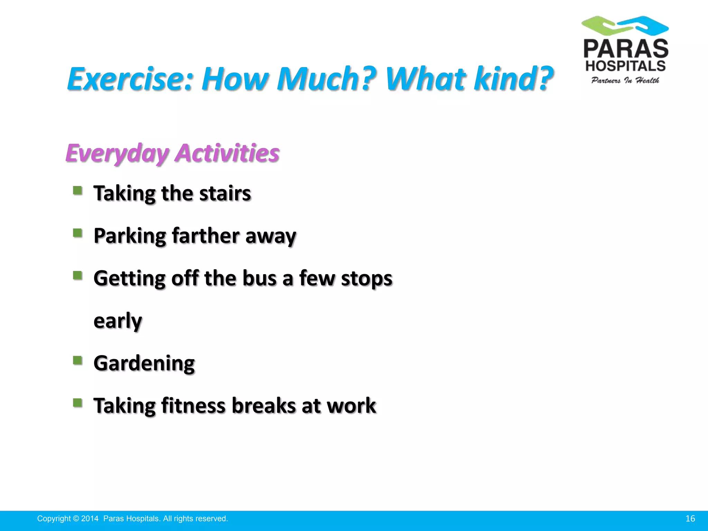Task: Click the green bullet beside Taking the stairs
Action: point(77,190)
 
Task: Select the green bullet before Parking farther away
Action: point(77,233)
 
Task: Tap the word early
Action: point(118,321)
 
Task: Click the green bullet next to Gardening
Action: point(77,361)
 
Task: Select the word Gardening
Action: point(144,363)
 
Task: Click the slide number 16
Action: point(690,519)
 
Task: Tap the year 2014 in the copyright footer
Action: point(90,519)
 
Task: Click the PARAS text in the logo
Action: point(626,49)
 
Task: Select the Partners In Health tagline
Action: point(625,81)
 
